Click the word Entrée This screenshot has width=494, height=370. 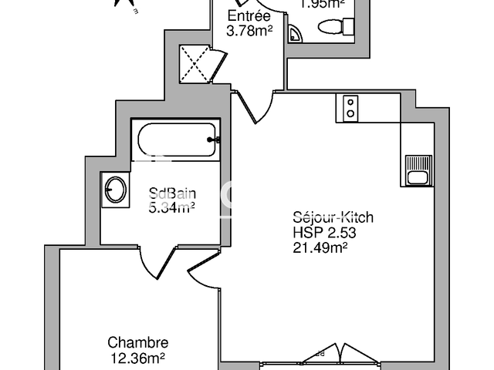[x=249, y=16]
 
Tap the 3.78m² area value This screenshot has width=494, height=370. [x=249, y=32]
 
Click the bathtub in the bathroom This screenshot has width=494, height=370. [x=176, y=140]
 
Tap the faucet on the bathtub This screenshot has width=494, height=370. [x=214, y=140]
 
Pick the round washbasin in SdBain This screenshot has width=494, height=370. [x=117, y=189]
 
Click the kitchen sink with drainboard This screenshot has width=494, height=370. [x=417, y=170]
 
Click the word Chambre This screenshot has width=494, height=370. [x=137, y=343]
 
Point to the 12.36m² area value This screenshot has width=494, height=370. [x=137, y=358]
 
